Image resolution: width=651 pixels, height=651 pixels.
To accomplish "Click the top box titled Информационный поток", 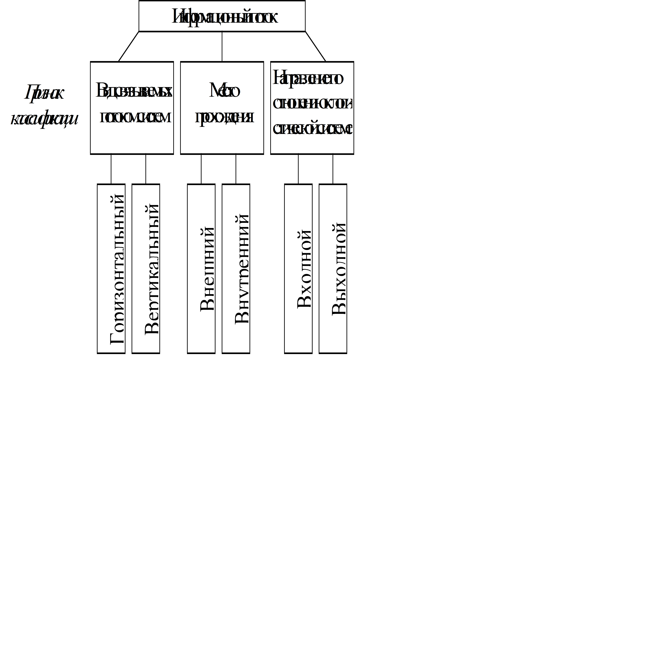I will pos(222,16).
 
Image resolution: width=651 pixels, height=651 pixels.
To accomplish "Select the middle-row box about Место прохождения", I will pos(222,108).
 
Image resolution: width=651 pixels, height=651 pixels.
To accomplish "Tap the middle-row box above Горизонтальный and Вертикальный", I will pos(132,108).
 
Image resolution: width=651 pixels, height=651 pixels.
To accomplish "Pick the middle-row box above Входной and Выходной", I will pos(312,108).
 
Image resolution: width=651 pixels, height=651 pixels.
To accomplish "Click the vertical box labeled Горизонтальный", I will pos(111,269).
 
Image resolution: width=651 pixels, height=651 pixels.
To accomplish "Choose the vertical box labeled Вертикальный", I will pos(146,269).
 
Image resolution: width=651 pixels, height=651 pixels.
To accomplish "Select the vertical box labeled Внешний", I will pos(201,269).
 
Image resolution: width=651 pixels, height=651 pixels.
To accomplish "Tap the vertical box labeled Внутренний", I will pos(236,269).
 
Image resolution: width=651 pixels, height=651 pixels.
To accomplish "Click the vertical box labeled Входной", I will pos(298,269).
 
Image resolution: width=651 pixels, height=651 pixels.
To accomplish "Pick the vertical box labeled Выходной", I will pos(333,269).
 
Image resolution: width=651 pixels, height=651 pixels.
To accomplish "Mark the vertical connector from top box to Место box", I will pos(222,47).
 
